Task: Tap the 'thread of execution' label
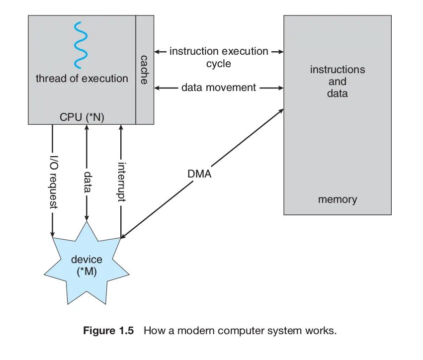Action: point(82,78)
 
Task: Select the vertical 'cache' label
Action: point(144,70)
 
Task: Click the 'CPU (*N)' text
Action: point(83,117)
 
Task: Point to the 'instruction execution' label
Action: point(219,51)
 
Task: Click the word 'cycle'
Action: point(219,64)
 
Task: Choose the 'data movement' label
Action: point(219,88)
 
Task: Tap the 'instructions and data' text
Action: point(338,81)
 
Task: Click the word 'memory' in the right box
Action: point(338,199)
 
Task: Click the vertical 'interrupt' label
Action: point(121,181)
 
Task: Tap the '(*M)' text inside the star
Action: point(86,272)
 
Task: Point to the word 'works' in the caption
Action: point(324,331)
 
